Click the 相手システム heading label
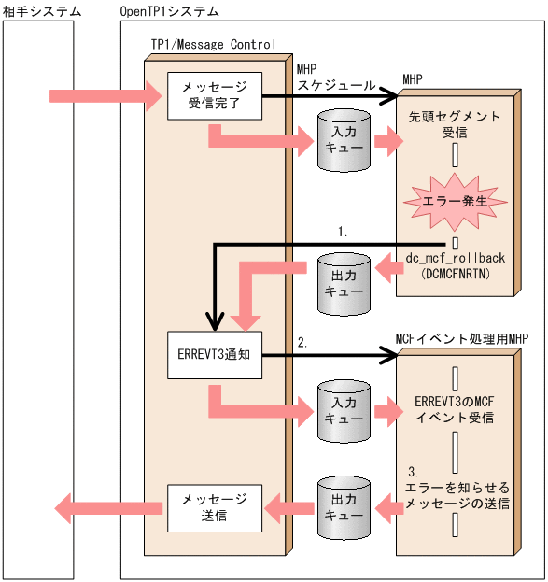[x=41, y=11]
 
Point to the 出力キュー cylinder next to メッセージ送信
[x=336, y=508]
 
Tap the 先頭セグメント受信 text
[x=455, y=124]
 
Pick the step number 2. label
[x=301, y=343]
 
